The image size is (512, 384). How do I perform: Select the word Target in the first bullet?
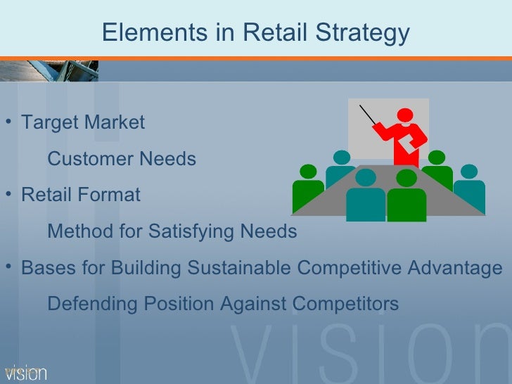tap(50, 122)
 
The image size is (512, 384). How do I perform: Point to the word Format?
tap(110, 195)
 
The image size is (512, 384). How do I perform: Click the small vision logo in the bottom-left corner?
tap(25, 373)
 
